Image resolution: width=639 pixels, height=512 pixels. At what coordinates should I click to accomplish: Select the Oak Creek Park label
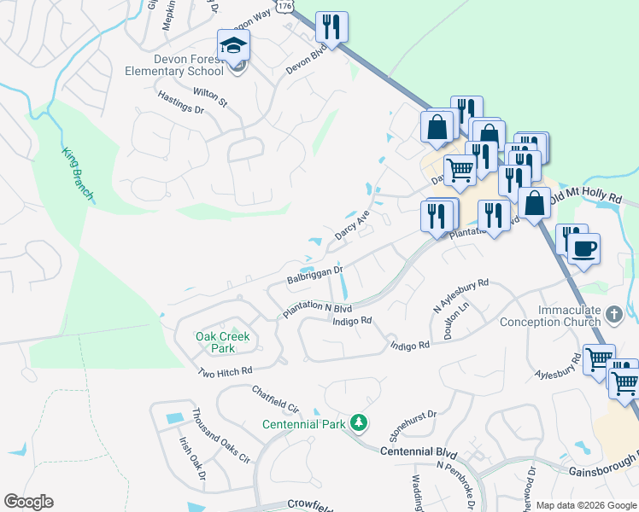tap(223, 342)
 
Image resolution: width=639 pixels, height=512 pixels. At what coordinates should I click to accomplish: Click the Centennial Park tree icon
tap(361, 422)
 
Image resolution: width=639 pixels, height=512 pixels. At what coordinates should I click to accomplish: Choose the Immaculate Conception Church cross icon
tap(613, 316)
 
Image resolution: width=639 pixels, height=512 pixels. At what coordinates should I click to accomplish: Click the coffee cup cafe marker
tap(584, 249)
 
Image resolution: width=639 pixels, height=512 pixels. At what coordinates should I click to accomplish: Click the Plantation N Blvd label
tap(318, 310)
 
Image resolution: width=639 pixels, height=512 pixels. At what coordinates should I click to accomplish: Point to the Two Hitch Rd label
tap(226, 371)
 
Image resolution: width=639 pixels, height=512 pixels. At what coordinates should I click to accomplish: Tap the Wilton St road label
tap(210, 96)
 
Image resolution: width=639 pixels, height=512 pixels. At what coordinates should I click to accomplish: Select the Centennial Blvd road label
tap(419, 451)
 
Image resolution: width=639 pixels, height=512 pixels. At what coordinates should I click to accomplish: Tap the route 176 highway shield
tap(286, 5)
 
